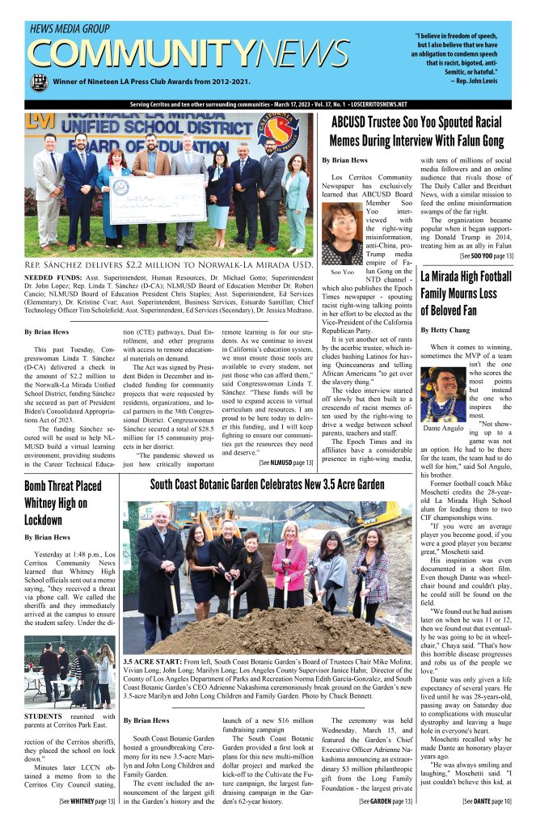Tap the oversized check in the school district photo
[158, 196]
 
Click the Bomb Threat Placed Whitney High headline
[62, 502]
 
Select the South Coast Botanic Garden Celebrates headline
[268, 484]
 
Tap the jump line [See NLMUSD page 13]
[285, 462]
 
